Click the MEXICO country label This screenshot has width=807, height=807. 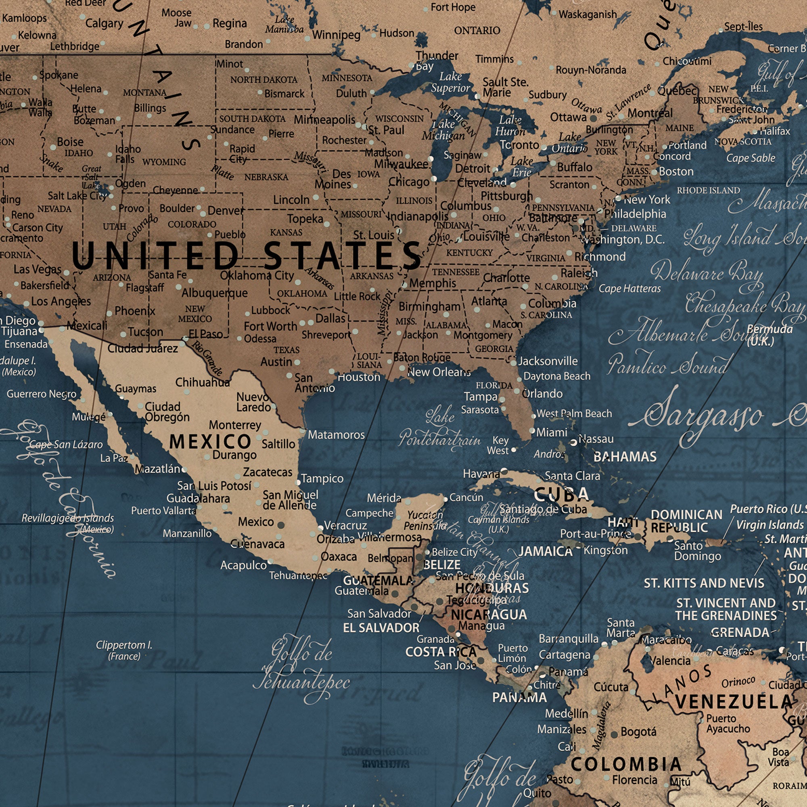(210, 441)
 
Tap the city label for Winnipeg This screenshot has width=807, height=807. (336, 35)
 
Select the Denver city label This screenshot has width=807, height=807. (225, 211)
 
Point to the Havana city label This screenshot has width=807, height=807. (481, 474)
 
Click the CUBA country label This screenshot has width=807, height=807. (561, 495)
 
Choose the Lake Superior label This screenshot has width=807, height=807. (450, 82)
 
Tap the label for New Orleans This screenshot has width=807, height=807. (439, 372)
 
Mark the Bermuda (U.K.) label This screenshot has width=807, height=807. (769, 335)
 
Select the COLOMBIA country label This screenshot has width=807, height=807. (626, 764)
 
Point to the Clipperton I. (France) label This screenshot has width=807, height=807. (124, 650)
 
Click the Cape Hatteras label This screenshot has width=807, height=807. (629, 289)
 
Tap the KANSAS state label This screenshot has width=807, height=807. (286, 232)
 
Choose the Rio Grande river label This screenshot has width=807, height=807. (207, 358)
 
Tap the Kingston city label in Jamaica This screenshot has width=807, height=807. (605, 550)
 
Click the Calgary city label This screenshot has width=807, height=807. (104, 23)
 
